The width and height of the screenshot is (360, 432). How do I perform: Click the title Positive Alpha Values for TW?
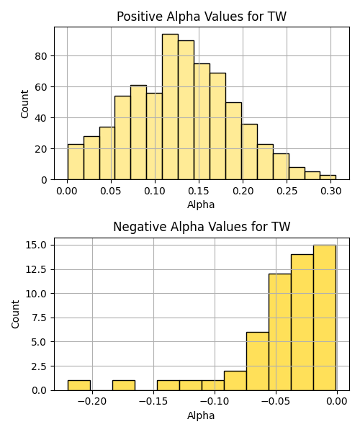pyautogui.click(x=202, y=17)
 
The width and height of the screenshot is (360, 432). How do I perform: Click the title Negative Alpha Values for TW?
pyautogui.click(x=202, y=227)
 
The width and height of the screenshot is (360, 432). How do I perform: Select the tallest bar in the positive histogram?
pyautogui.click(x=170, y=107)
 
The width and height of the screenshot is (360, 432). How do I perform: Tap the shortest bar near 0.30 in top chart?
pyautogui.click(x=328, y=177)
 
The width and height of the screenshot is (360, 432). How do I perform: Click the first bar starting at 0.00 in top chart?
pyautogui.click(x=76, y=162)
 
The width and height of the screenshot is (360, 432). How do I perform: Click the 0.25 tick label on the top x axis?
pyautogui.click(x=287, y=191)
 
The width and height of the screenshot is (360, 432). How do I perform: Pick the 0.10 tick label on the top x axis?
pyautogui.click(x=155, y=191)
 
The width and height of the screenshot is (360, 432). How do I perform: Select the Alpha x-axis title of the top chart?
pyautogui.click(x=201, y=204)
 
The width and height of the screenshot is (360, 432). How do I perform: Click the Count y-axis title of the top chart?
pyautogui.click(x=24, y=104)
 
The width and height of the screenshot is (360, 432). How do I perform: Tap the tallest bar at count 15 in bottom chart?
pyautogui.click(x=325, y=318)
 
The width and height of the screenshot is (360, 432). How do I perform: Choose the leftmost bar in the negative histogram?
pyautogui.click(x=79, y=385)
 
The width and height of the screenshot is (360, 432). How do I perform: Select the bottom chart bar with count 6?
pyautogui.click(x=258, y=361)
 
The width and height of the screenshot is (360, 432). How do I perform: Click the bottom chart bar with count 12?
pyautogui.click(x=280, y=332)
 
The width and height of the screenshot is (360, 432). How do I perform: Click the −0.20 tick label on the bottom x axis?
pyautogui.click(x=92, y=402)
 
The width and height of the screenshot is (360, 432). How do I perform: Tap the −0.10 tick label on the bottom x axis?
pyautogui.click(x=215, y=402)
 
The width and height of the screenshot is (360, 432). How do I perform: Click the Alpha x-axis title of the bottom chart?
pyautogui.click(x=201, y=415)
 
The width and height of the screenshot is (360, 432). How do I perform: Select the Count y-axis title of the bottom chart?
pyautogui.click(x=15, y=315)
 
